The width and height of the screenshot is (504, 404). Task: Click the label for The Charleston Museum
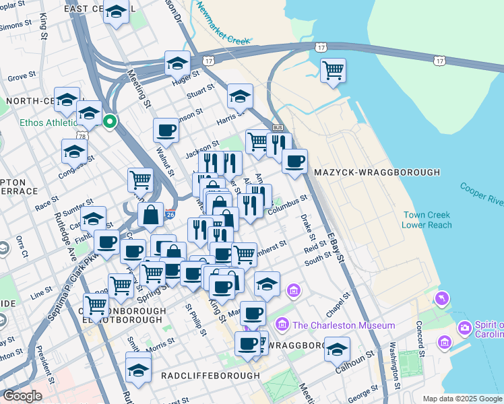coord(344,325)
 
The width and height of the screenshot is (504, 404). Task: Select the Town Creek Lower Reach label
coord(427,220)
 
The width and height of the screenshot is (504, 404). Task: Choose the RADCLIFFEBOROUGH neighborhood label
coord(210,375)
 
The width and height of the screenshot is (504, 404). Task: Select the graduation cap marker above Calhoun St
coord(337,349)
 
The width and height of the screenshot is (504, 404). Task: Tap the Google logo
coord(22,395)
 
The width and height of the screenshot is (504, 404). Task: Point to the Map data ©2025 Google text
coord(462,399)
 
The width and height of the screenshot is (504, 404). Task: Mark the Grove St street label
coord(22,77)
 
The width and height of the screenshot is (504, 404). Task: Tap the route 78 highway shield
coord(82,137)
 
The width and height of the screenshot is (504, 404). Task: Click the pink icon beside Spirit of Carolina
coord(464,329)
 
